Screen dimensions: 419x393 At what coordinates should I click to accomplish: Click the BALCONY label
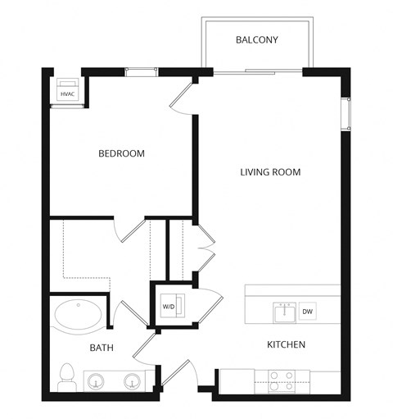pyautogui.click(x=258, y=39)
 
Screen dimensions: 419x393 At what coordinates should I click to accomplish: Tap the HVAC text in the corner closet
pyautogui.click(x=67, y=94)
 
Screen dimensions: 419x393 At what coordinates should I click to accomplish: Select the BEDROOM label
pyautogui.click(x=121, y=153)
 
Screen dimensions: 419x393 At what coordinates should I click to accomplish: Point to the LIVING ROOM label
pyautogui.click(x=270, y=172)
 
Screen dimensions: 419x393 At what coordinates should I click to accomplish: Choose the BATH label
pyautogui.click(x=102, y=348)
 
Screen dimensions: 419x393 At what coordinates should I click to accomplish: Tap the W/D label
pyautogui.click(x=169, y=307)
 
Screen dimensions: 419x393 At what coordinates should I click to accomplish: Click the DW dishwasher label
pyautogui.click(x=308, y=312)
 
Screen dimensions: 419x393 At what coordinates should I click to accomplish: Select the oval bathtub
pyautogui.click(x=79, y=316)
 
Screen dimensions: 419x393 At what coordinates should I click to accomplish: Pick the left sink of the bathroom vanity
pyautogui.click(x=97, y=382)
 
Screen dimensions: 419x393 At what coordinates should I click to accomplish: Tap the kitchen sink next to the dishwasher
pyautogui.click(x=284, y=312)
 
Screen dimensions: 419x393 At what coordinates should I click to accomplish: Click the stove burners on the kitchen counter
pyautogui.click(x=282, y=378)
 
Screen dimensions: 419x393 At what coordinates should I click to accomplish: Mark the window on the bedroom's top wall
pyautogui.click(x=141, y=72)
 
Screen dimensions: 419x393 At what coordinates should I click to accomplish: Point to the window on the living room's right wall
pyautogui.click(x=346, y=114)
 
